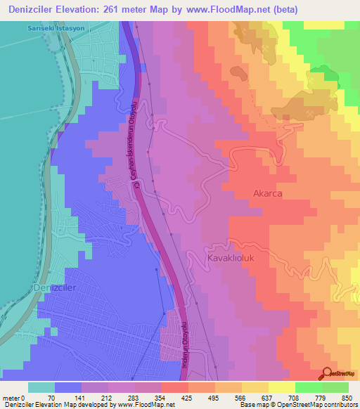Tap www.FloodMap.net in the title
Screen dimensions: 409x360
[231, 9]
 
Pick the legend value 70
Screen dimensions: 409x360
[51, 398]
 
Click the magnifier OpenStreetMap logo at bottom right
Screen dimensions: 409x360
[326, 373]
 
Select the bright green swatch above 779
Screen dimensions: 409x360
[308, 387]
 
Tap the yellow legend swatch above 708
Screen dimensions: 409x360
[281, 387]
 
